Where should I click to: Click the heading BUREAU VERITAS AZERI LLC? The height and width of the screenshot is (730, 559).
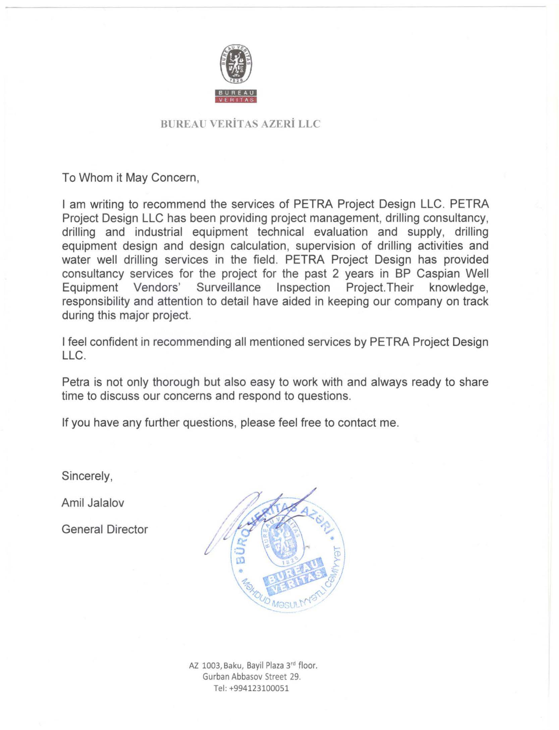coord(240,124)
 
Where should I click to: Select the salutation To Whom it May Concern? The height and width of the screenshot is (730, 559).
coord(131,178)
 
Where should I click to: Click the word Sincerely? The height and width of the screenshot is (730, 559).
coord(87,476)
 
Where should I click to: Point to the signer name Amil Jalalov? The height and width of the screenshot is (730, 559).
coord(93,503)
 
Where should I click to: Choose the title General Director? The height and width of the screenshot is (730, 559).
coord(105,529)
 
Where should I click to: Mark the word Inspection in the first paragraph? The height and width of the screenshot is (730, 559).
coord(303,288)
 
